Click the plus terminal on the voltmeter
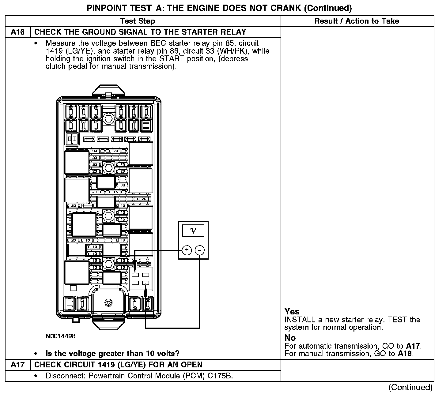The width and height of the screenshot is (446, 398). [x=187, y=250]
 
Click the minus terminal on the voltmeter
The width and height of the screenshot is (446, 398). [x=200, y=250]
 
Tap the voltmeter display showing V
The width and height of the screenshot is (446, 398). [x=193, y=230]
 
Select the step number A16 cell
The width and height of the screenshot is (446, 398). [x=17, y=32]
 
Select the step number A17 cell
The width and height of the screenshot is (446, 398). [x=17, y=365]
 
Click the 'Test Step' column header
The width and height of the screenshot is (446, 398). [x=138, y=21]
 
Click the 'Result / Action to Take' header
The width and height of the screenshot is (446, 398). [x=357, y=21]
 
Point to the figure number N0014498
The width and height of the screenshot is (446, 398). [x=60, y=336]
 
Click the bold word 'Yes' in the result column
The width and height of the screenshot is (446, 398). [x=292, y=311]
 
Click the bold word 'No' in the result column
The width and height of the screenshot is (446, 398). [x=290, y=338]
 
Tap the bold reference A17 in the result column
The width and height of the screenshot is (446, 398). [x=413, y=346]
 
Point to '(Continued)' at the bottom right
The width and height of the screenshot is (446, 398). [x=410, y=388]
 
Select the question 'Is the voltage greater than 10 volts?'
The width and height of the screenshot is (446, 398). [x=112, y=354]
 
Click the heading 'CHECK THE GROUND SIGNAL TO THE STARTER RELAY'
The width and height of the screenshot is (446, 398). [x=140, y=32]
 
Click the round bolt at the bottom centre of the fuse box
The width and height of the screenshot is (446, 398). [x=108, y=302]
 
